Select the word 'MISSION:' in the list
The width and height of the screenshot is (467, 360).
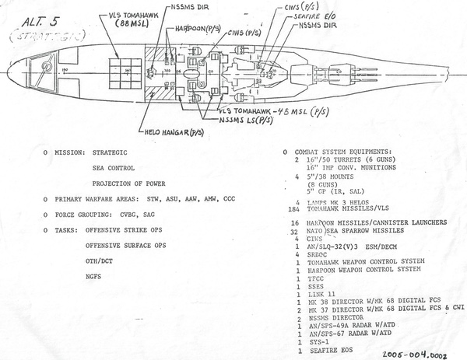[x=72, y=152]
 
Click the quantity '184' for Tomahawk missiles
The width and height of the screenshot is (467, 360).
[x=293, y=208]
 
